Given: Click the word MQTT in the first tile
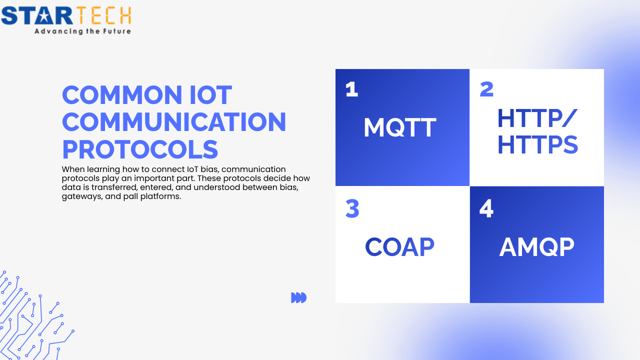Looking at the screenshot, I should coord(399,127).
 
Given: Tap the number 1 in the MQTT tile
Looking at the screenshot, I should coord(352,89).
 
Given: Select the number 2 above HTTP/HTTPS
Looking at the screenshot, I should coord(486,89).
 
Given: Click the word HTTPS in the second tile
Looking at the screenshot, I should coord(537,145).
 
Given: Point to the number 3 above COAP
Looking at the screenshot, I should coord(352,209).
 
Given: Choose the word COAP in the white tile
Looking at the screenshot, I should coord(399,247).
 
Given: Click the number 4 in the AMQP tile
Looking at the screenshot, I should coord(486,209).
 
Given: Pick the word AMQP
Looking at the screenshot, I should coord(536,247).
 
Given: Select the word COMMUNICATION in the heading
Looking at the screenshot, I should coord(174,122).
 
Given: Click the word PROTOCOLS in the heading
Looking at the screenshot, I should coord(140,149).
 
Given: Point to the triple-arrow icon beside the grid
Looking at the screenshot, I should coord(298,298).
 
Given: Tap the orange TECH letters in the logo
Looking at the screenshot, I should coord(103,16).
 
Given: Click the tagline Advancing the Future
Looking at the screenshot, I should coord(82,31).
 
